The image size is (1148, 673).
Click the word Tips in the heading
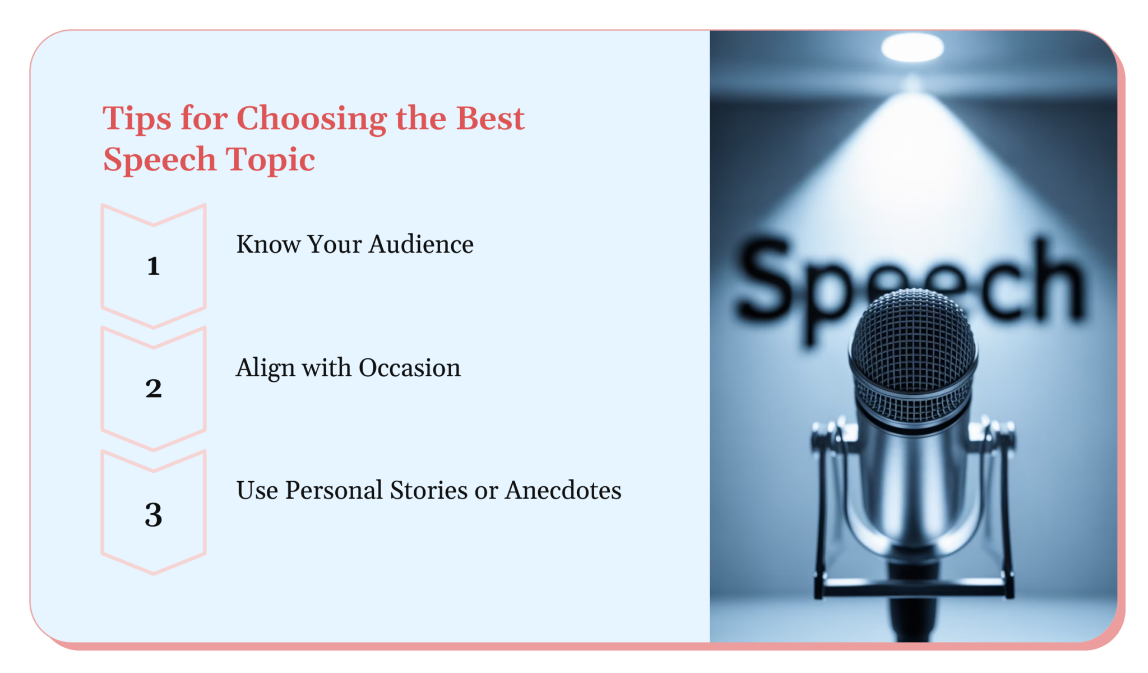click(x=137, y=119)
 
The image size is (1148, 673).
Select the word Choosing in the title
click(x=311, y=119)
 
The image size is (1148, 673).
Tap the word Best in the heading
click(x=490, y=119)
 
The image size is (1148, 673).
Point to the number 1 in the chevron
click(x=154, y=266)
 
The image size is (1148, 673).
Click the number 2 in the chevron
click(x=154, y=388)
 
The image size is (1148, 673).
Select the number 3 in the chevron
click(x=154, y=515)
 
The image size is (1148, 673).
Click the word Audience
click(x=421, y=245)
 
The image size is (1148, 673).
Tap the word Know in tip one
click(x=268, y=245)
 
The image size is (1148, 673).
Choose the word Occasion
click(x=409, y=368)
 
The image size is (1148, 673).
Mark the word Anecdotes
click(x=563, y=490)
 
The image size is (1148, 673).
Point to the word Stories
click(x=429, y=490)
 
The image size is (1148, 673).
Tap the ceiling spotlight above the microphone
click(x=912, y=47)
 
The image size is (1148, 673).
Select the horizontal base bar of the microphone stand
click(x=914, y=589)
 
